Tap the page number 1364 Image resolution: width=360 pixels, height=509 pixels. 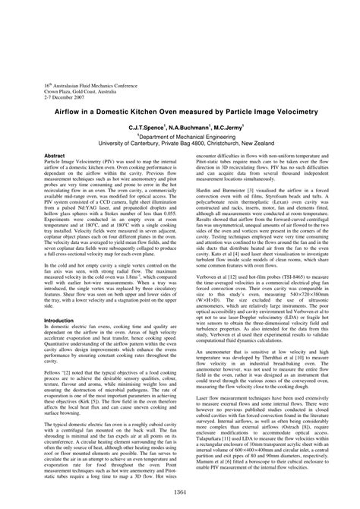pos(180,495)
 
